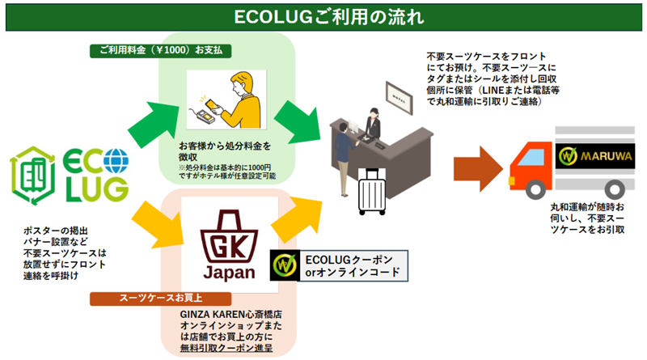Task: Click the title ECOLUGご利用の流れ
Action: pyautogui.click(x=323, y=16)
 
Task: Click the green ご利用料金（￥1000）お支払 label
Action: pyautogui.click(x=162, y=50)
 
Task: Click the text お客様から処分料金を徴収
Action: pyautogui.click(x=224, y=150)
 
